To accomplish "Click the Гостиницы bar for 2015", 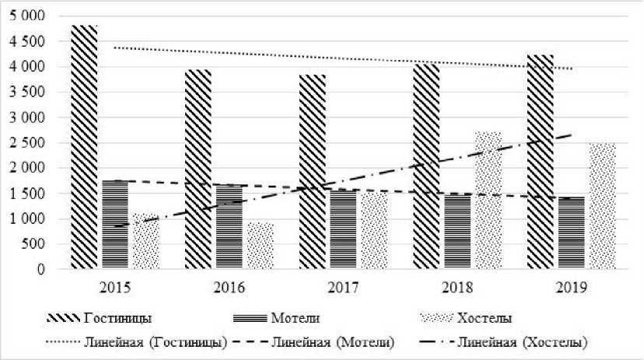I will tap(84, 148).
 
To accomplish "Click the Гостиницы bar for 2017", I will tap(313, 172).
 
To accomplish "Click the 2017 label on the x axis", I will tap(343, 288).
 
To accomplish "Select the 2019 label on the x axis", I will tap(572, 288).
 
